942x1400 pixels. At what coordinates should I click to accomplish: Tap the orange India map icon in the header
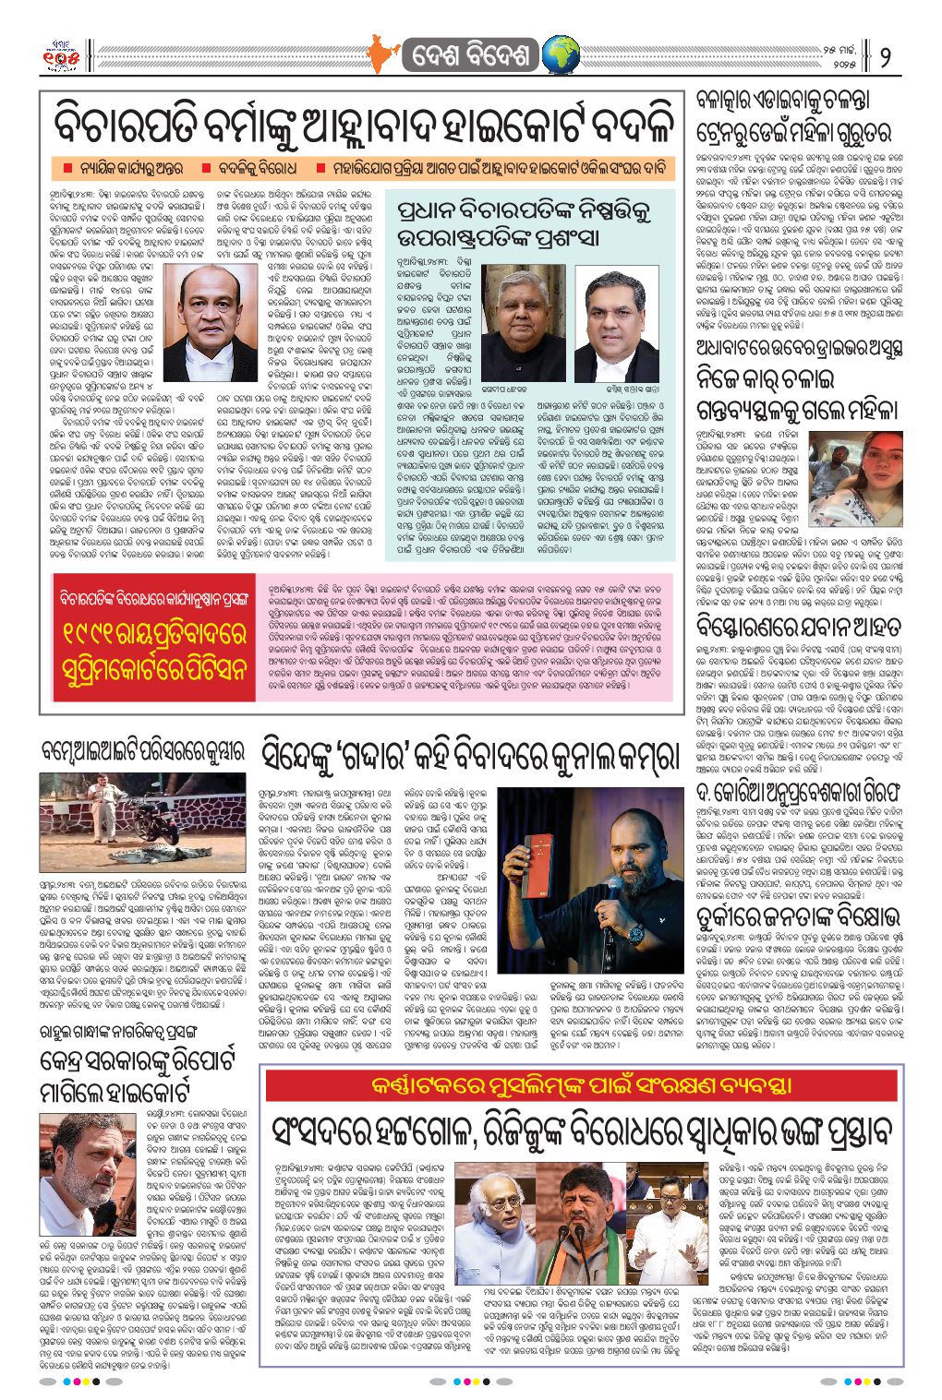pos(380,54)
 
